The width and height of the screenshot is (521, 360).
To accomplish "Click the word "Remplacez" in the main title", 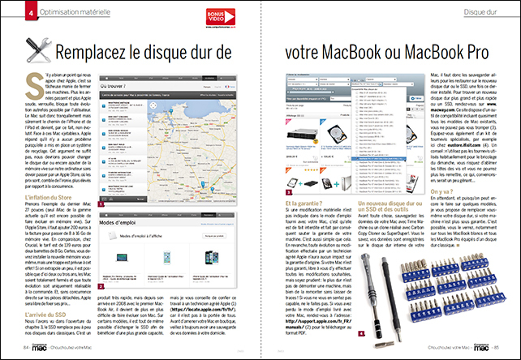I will (100, 54).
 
